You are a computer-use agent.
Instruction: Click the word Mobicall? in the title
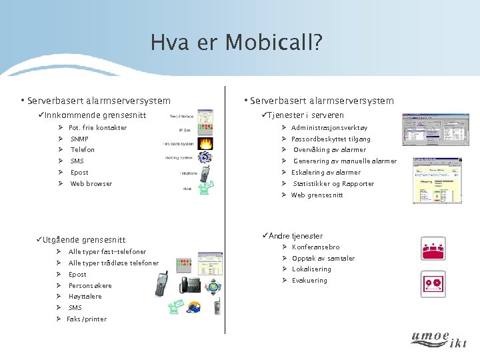(274, 43)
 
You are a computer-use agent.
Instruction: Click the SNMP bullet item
(79, 139)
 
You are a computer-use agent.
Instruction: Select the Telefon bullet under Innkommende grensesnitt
(83, 150)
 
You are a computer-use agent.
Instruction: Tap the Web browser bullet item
(91, 184)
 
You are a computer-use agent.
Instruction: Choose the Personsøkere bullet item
(90, 286)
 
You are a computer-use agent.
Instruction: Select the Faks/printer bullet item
(87, 319)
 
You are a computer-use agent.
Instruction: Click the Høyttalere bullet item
(85, 297)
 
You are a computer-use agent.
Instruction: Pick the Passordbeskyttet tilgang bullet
(331, 139)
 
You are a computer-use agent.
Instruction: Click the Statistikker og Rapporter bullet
(333, 184)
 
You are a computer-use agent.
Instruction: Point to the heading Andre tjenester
(295, 236)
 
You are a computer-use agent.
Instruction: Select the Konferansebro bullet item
(315, 247)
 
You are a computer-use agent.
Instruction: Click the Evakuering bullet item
(309, 281)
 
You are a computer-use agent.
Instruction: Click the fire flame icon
(206, 143)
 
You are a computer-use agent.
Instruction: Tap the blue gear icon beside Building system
(205, 158)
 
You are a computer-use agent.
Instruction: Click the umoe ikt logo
(439, 339)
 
